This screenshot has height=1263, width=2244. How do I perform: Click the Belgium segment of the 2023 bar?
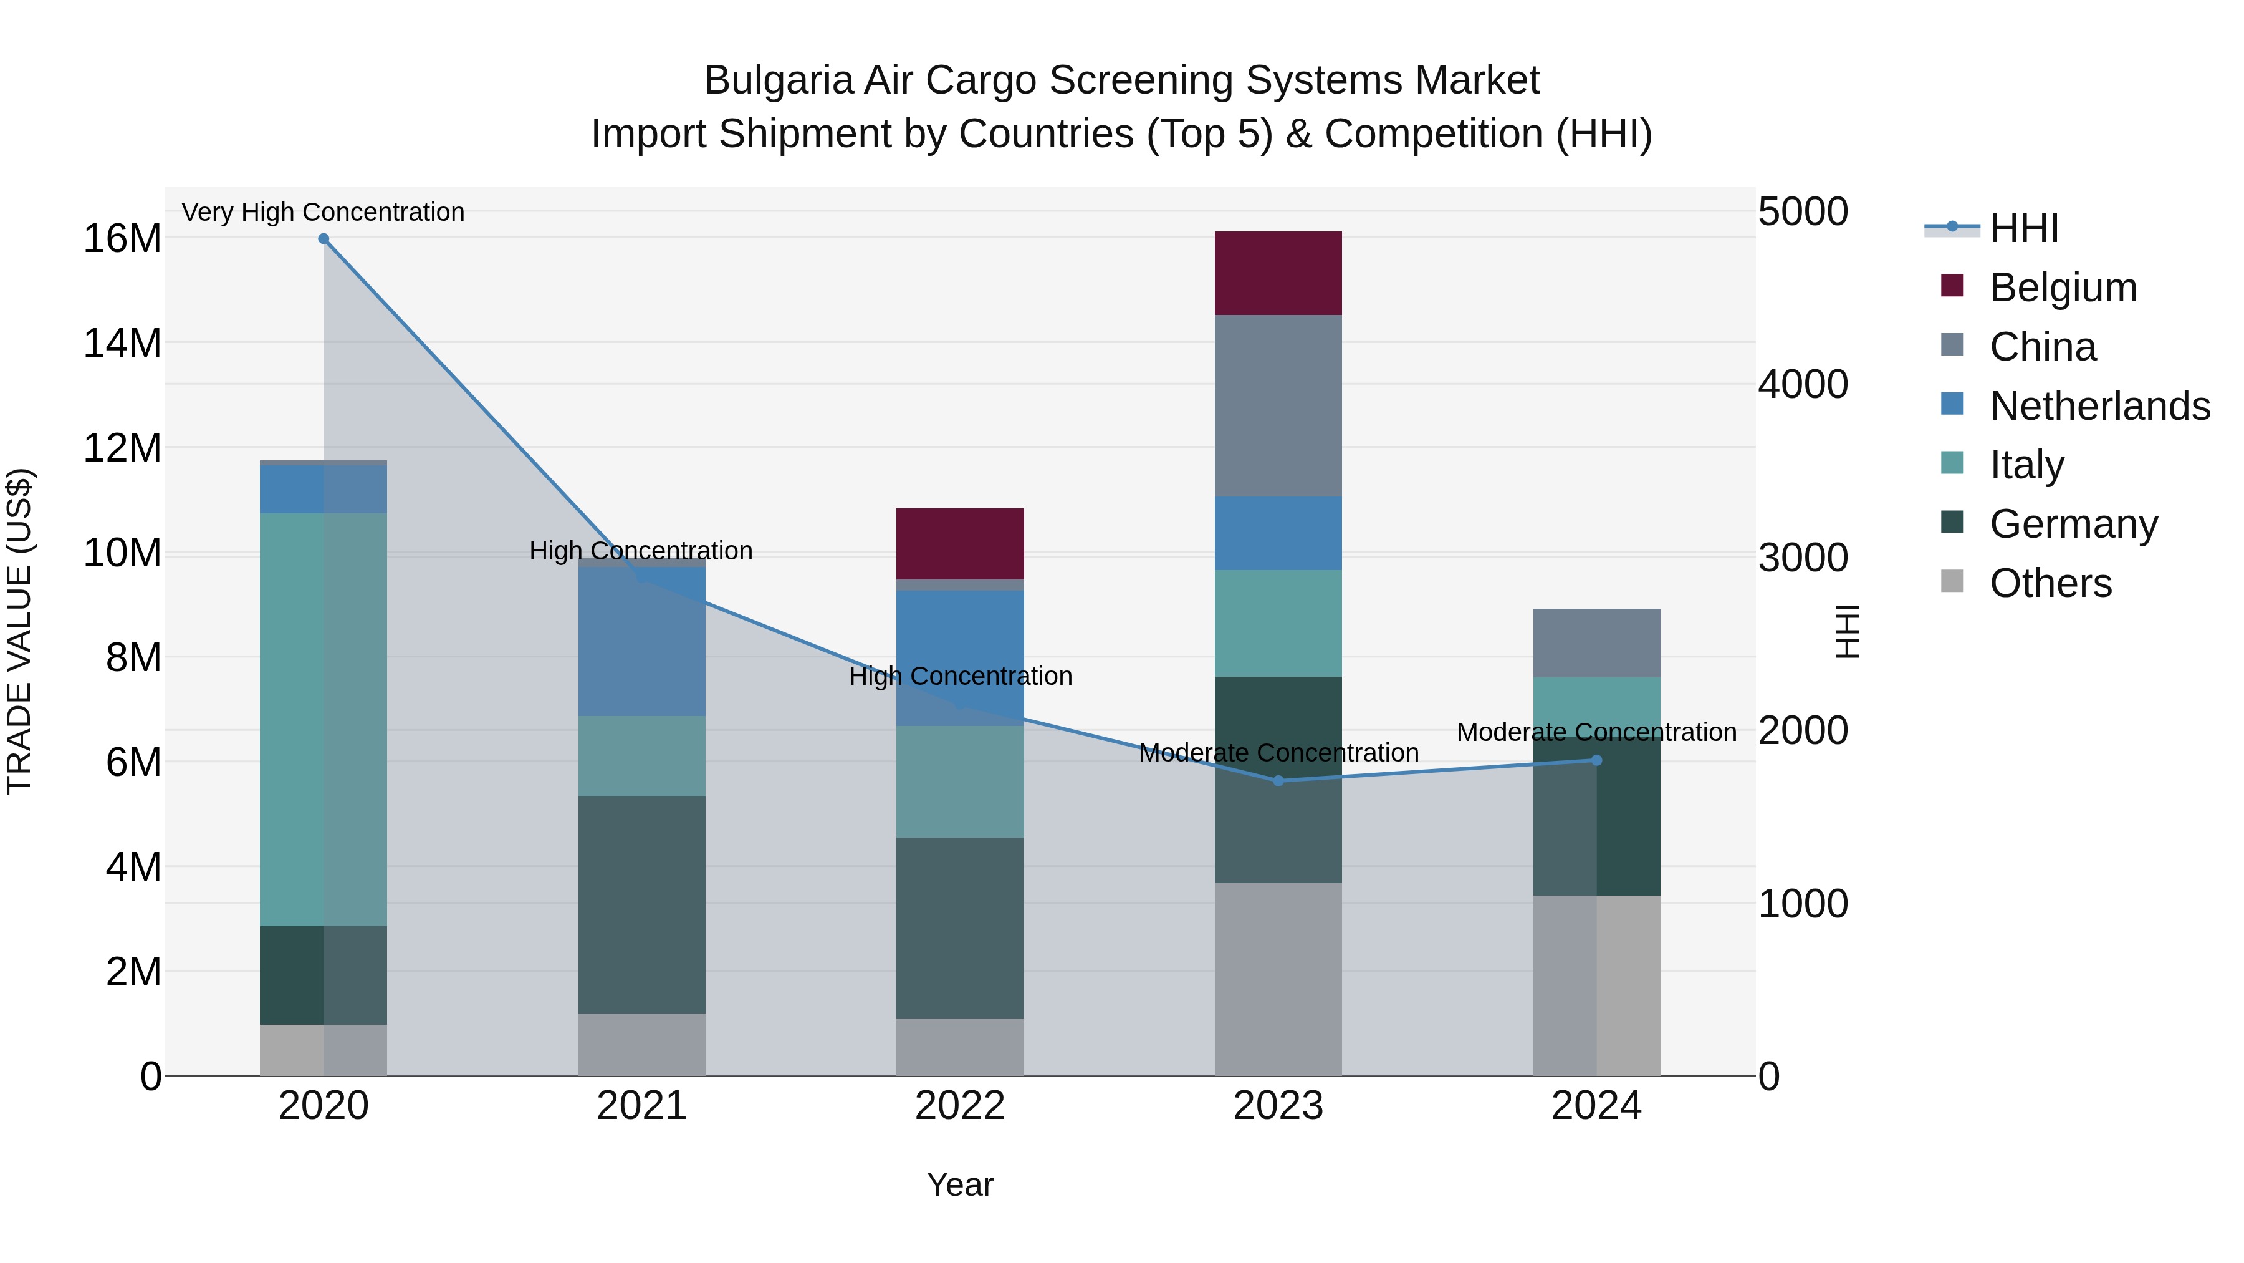[1278, 273]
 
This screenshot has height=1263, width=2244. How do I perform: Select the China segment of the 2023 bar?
[1278, 405]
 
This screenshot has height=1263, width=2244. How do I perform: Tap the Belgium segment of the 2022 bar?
[960, 543]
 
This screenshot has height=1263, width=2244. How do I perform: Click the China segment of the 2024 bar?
[1596, 642]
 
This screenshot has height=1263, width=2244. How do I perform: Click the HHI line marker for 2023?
[1278, 781]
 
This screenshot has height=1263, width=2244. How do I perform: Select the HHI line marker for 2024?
[1596, 760]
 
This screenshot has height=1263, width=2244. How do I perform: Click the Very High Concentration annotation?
[323, 212]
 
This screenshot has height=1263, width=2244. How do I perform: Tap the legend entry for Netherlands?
[2099, 406]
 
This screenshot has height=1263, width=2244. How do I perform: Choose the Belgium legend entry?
[2063, 288]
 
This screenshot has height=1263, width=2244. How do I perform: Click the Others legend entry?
[2051, 583]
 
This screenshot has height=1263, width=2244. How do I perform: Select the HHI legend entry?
[2023, 228]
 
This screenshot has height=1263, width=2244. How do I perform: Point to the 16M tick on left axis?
[122, 239]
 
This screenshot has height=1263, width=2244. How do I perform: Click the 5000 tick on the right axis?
[1802, 212]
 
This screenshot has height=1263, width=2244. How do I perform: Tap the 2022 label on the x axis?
[960, 1106]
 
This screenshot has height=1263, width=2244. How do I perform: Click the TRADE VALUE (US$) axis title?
[19, 631]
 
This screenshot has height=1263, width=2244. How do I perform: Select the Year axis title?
[960, 1184]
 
